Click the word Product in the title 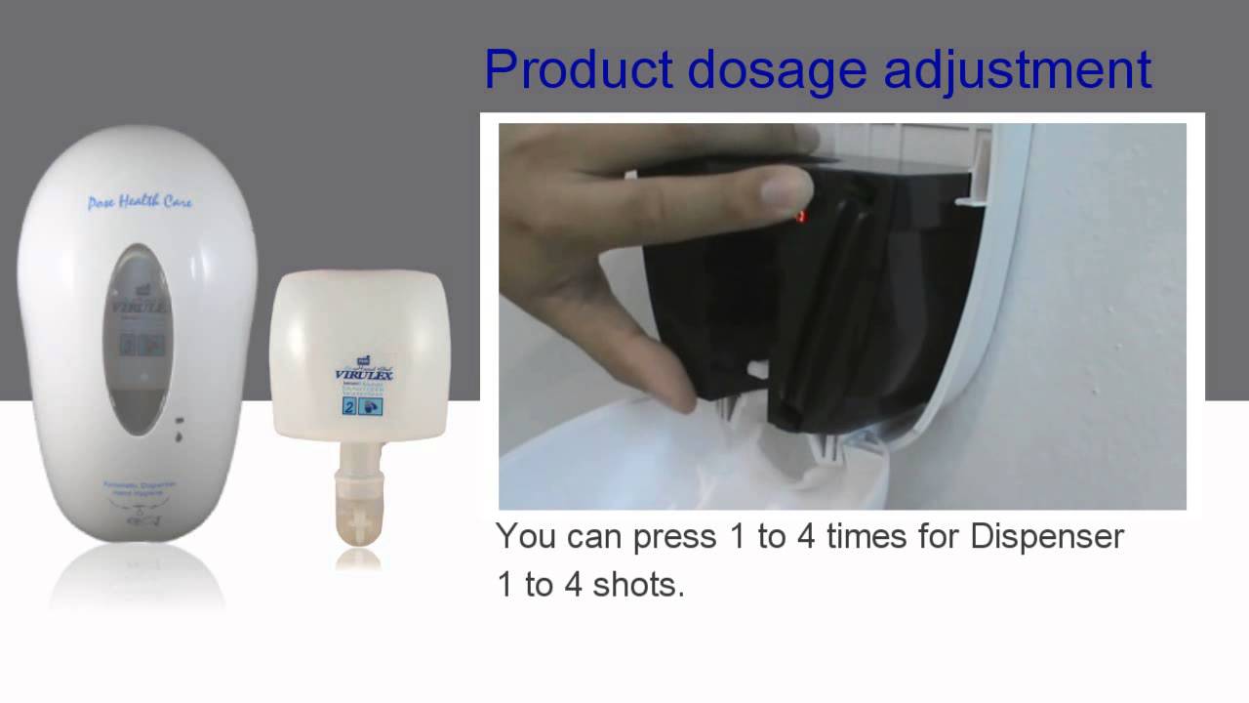[578, 70]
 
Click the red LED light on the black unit [802, 216]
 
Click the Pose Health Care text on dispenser [140, 202]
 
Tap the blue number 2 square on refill [349, 409]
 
